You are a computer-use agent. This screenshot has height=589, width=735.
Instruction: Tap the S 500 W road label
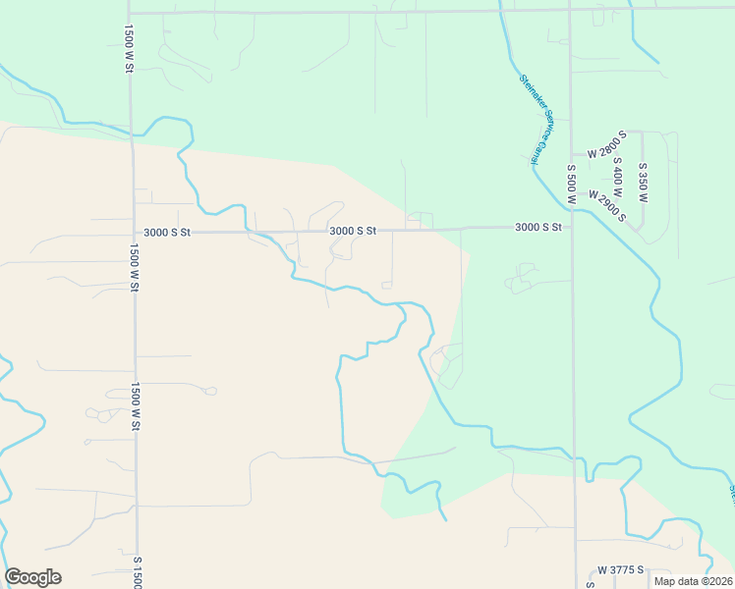coord(570,184)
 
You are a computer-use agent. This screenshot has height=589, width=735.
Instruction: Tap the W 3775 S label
coord(620,569)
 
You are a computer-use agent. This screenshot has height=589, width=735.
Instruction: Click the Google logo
coord(32,577)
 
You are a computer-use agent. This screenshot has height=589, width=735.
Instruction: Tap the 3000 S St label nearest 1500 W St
coord(166,233)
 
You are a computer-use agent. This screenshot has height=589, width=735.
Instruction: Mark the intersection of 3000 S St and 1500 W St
coord(133,234)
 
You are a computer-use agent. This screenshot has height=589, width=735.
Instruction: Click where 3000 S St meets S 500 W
coord(572,227)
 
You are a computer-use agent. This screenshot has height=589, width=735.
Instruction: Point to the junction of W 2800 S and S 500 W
coord(572,154)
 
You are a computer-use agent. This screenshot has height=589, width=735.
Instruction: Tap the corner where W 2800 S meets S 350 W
coord(643,132)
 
